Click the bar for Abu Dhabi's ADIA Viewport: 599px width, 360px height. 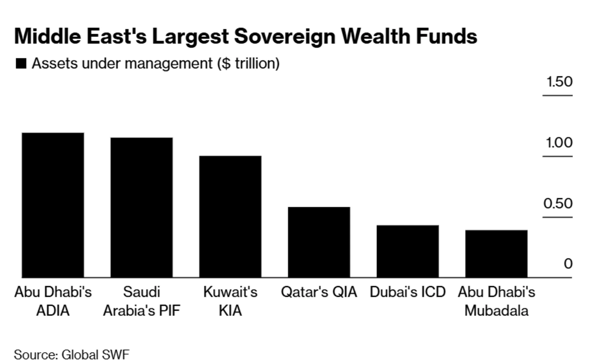(x=53, y=205)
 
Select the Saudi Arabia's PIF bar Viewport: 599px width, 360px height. (x=141, y=207)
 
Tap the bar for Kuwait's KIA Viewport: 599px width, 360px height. (x=230, y=216)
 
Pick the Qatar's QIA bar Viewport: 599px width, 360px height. (x=319, y=242)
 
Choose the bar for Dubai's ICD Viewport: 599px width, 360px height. (x=407, y=251)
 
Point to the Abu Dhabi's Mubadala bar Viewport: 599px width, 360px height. (x=496, y=254)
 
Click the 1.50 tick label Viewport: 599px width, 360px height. (x=559, y=82)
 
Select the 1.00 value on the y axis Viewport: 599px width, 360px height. (x=559, y=143)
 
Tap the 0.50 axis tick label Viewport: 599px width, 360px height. (x=558, y=203)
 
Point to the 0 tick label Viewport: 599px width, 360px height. (x=568, y=264)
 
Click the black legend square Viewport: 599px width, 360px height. (x=21, y=64)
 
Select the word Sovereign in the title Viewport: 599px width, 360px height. (x=285, y=36)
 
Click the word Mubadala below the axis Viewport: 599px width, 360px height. (x=496, y=311)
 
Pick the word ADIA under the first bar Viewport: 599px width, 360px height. (x=53, y=311)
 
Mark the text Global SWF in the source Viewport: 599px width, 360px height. (x=95, y=354)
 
